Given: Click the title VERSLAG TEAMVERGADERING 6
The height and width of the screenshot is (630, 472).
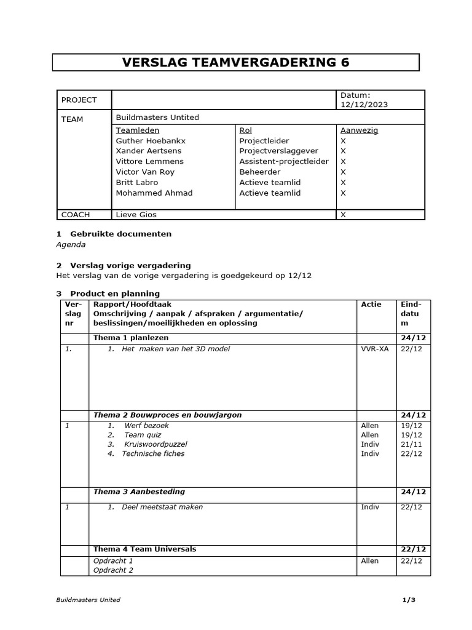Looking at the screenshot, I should [x=235, y=63].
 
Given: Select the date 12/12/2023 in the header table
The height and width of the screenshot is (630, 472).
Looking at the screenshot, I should [x=364, y=105].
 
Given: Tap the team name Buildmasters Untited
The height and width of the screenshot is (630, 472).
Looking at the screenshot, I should [x=157, y=118].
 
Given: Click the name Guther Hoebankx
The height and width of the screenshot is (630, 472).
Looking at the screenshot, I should [x=151, y=141].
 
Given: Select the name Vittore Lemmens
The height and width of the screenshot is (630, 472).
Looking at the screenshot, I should [x=149, y=162].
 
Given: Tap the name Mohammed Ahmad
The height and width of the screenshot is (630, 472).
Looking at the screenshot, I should [x=154, y=193].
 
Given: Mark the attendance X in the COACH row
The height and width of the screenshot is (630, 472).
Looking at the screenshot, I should [x=343, y=215].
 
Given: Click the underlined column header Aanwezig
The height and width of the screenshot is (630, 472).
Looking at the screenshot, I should [x=359, y=130].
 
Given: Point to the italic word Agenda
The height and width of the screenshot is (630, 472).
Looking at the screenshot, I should [x=71, y=244].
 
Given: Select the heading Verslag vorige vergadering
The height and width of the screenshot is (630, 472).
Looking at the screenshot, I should [x=130, y=265].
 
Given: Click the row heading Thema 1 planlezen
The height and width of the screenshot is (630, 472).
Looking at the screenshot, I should [x=130, y=338].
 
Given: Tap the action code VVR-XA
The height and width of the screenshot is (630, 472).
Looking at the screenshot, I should [x=374, y=349].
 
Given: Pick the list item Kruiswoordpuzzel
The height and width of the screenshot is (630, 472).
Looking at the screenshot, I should [x=155, y=444].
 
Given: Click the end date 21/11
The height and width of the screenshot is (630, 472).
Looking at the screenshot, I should [x=411, y=444].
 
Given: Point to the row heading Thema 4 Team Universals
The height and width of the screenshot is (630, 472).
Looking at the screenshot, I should [x=144, y=549].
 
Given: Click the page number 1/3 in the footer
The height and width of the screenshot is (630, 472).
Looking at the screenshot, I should [x=409, y=600].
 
